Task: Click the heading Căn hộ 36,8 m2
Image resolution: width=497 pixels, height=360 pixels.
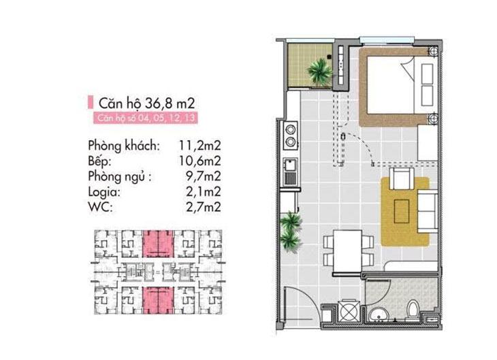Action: coord(146,103)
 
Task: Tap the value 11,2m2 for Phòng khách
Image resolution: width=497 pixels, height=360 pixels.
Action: coord(199,146)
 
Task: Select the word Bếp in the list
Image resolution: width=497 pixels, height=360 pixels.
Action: coord(99,161)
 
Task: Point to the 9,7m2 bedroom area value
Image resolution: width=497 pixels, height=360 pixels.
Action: coord(203,176)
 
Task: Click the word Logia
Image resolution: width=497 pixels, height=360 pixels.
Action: coord(104,193)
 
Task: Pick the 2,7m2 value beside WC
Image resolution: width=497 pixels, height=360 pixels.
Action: coord(203,208)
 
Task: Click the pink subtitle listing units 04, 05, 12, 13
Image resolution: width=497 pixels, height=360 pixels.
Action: coord(146,118)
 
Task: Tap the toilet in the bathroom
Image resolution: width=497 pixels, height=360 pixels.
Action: coord(413,309)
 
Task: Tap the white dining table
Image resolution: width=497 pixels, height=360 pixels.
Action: coord(347,251)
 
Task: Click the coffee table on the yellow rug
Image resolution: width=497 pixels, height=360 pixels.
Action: coord(402,211)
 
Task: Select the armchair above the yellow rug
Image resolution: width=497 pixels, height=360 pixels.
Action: coord(402,179)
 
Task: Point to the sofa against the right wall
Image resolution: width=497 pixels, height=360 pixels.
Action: coord(428,212)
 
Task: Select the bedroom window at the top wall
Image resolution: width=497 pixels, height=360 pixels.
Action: coord(387,40)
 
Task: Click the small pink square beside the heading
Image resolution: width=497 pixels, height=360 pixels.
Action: coord(91,102)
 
